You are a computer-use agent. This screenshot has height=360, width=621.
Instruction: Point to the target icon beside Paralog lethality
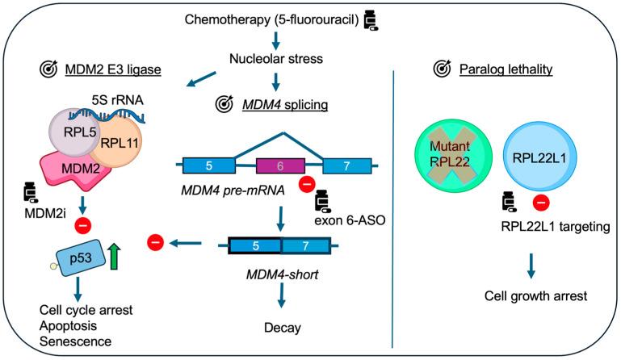click(442, 69)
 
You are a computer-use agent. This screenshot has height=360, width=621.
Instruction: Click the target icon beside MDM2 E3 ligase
click(50, 69)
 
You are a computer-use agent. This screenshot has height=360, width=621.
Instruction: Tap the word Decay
click(280, 329)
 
